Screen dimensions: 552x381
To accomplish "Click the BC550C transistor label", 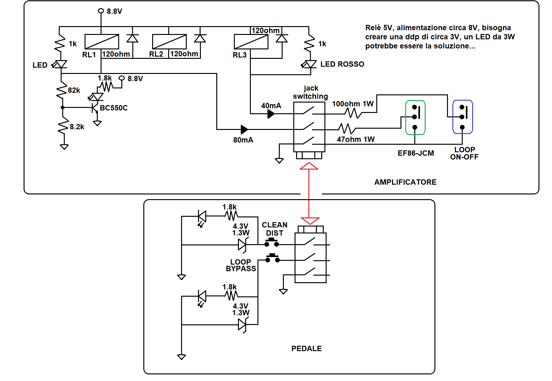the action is pos(113,108).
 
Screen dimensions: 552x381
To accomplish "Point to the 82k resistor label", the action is pos(74,90).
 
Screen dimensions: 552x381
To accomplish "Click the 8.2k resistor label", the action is pos(77,127).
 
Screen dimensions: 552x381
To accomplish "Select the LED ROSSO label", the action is pos(342,64).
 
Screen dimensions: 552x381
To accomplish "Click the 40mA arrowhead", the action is pos(271,114).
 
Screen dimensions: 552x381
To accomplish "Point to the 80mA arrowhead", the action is pos(244,129).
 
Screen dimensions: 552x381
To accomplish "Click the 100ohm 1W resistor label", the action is pos(353,104).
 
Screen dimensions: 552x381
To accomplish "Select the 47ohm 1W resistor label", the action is pos(356,139).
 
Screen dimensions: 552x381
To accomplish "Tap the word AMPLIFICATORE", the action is pos(405,182).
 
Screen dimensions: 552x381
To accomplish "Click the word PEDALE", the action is pos(306,349).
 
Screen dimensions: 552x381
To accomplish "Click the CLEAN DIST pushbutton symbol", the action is pos(272,243).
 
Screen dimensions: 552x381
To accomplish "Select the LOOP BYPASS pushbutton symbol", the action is pos(273,258).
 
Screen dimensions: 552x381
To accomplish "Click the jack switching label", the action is pos(311,92).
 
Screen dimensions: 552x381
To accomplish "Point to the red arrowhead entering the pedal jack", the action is pos(310,221).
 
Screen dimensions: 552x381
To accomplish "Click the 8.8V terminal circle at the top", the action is pos(101,11).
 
